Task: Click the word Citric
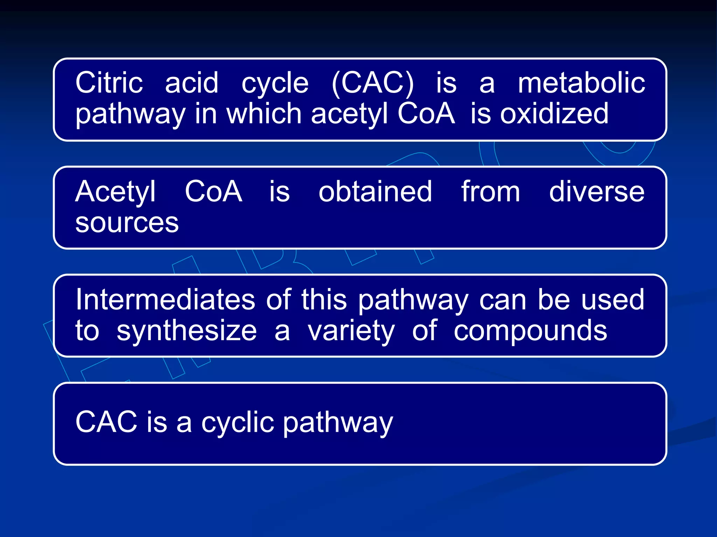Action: click(109, 83)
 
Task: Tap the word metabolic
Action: click(581, 83)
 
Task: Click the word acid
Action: click(192, 83)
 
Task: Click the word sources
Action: click(127, 223)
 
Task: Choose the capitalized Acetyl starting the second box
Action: click(115, 192)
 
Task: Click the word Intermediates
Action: click(165, 299)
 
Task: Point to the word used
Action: click(612, 299)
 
